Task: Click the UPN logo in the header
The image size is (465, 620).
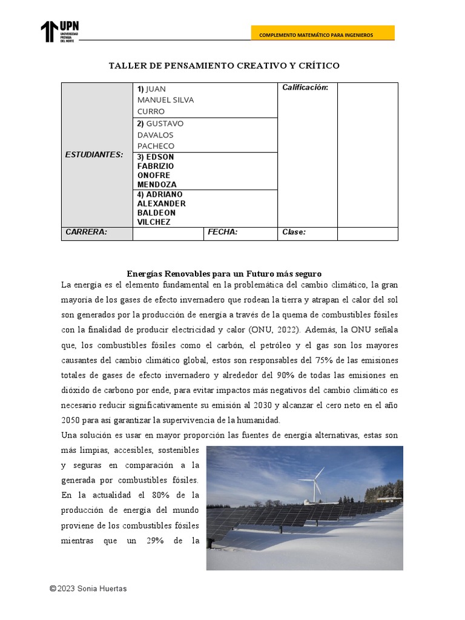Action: (x=59, y=31)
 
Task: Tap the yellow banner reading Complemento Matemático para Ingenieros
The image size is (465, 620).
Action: (x=323, y=35)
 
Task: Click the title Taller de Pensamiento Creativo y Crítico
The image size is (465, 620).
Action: (x=224, y=65)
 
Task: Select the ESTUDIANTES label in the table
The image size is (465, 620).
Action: (x=94, y=154)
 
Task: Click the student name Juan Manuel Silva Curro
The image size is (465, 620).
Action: (x=166, y=100)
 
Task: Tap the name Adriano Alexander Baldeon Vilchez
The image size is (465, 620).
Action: (x=162, y=208)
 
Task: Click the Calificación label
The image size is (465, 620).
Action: (x=305, y=88)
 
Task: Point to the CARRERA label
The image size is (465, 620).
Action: (x=86, y=232)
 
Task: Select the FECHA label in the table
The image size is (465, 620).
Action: (x=223, y=232)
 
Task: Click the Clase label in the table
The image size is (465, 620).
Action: (x=294, y=232)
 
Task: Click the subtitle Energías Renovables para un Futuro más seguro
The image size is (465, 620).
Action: (x=223, y=274)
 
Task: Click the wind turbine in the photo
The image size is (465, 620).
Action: (x=314, y=482)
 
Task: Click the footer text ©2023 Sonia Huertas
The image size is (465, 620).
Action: (x=88, y=588)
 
